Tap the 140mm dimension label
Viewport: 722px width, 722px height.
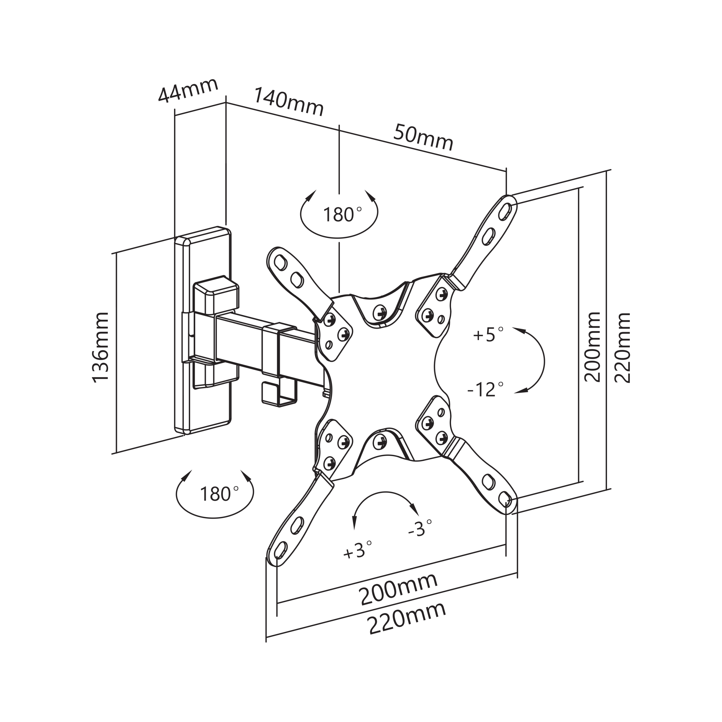(x=289, y=102)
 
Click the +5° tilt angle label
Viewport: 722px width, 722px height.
(x=488, y=334)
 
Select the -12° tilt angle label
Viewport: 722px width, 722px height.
(x=486, y=390)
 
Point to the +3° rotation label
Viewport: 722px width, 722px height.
(x=358, y=550)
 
